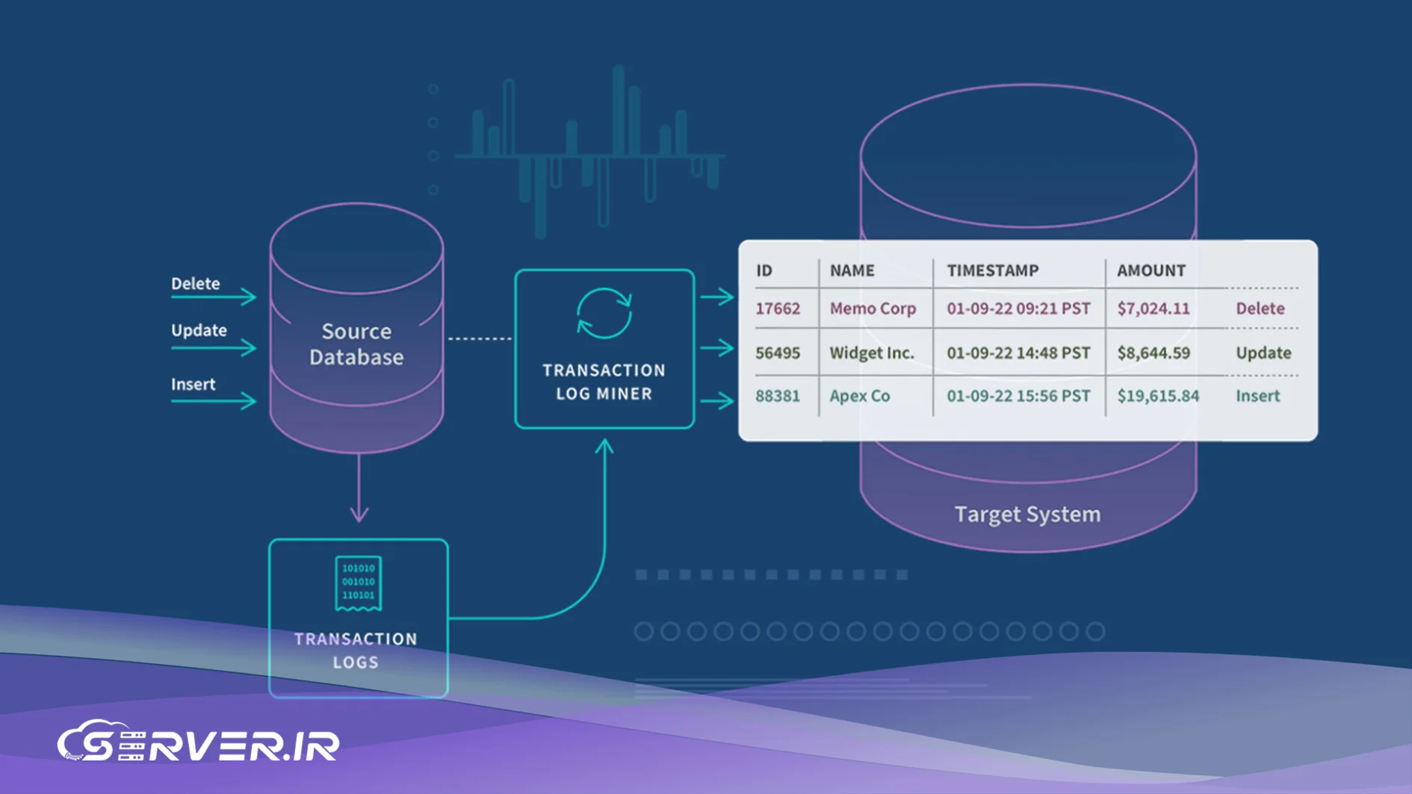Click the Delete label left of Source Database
point(195,284)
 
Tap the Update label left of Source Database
point(199,330)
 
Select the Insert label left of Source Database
point(193,384)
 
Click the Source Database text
point(356,344)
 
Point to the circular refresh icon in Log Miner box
point(604,313)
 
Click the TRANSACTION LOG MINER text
point(604,382)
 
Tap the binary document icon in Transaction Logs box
point(358,583)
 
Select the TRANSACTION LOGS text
point(356,650)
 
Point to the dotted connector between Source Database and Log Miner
point(480,338)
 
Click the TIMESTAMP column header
point(992,270)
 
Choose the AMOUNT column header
point(1151,270)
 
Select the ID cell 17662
point(777,308)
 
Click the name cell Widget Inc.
point(872,353)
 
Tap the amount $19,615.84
point(1157,396)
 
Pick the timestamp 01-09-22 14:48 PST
point(1018,353)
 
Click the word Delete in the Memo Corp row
point(1260,308)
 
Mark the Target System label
point(1027,514)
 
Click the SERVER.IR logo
point(199,742)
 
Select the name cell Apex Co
point(859,396)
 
